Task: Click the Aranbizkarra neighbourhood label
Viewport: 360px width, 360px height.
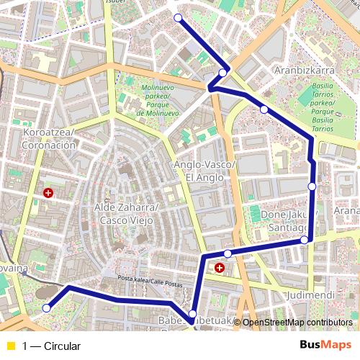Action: tap(305, 71)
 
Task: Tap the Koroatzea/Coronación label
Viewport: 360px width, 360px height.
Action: tap(50, 138)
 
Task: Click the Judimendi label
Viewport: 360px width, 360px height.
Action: tap(310, 295)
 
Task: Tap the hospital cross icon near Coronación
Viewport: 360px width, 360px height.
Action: tap(48, 193)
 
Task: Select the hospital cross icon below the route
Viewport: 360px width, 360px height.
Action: tap(219, 268)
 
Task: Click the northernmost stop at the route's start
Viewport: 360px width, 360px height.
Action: tap(178, 18)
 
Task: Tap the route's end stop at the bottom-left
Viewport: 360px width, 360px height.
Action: tap(47, 308)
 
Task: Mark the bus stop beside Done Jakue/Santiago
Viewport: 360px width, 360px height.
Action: tap(304, 240)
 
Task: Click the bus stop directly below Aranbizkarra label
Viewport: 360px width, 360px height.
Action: tap(264, 109)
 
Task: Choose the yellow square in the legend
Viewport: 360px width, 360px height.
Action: tap(10, 346)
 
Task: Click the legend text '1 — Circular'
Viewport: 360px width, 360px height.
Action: tap(51, 346)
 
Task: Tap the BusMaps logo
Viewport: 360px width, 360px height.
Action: tap(325, 345)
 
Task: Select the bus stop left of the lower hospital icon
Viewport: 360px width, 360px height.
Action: tap(192, 313)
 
